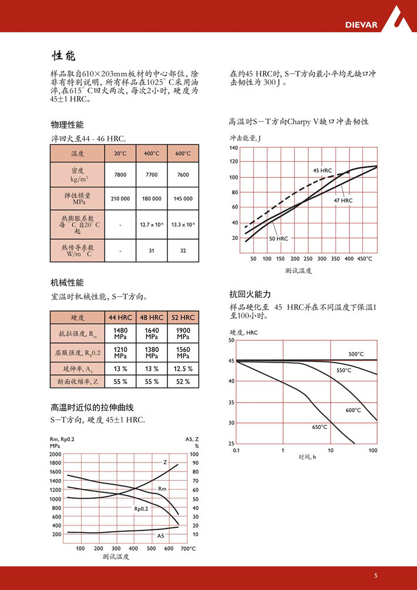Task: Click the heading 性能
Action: pos(63,56)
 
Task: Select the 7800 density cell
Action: pos(120,175)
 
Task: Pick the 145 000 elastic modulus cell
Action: pos(183,199)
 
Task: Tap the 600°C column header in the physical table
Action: pos(183,153)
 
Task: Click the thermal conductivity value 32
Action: pos(183,251)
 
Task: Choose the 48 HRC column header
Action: pos(152,317)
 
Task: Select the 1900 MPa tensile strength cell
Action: pos(183,334)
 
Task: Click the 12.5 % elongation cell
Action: pos(183,368)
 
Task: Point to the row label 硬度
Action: pos(78,317)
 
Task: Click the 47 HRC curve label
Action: pos(343,200)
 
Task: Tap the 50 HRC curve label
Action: pos(278,239)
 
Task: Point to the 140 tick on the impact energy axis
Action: pos(234,147)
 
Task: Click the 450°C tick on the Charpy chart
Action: pos(365,259)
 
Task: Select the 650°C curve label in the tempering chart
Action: pos(320,427)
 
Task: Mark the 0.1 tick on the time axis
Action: pos(236,450)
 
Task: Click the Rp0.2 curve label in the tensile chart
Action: pos(140,508)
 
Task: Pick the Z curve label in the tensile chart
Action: pos(164,462)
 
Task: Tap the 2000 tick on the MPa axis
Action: pos(55,454)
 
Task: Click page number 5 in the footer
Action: pos(375,575)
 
